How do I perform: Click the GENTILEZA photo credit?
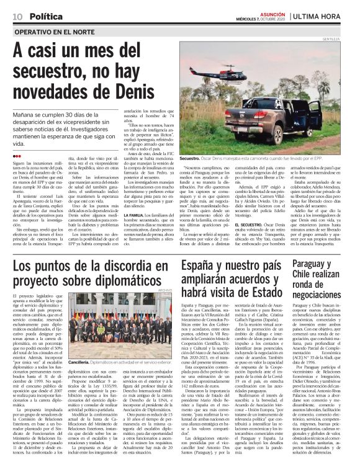tap(346, 39)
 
